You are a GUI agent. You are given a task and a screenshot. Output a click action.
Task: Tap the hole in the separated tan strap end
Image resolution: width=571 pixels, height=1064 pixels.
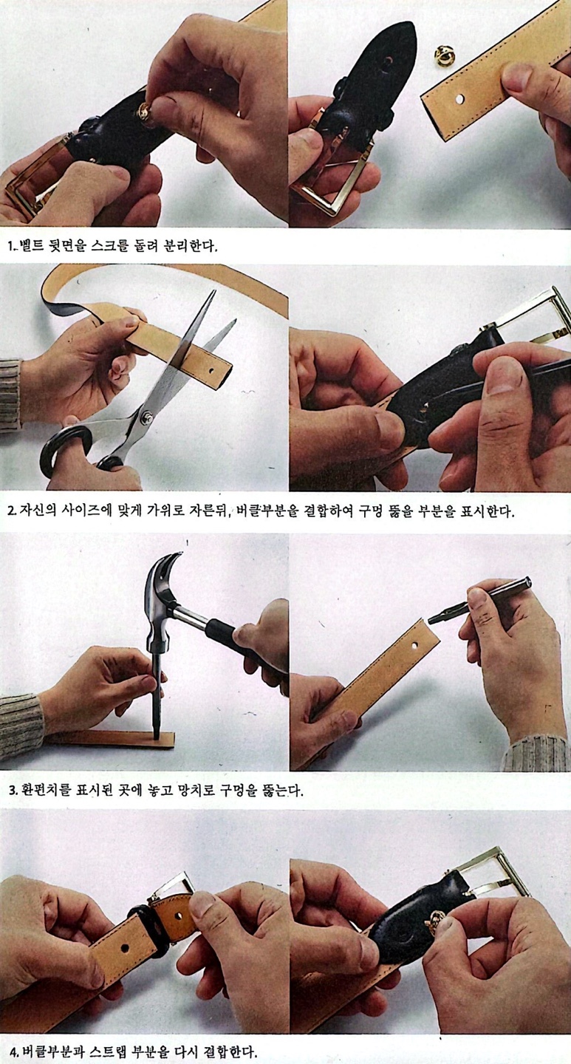point(460,99)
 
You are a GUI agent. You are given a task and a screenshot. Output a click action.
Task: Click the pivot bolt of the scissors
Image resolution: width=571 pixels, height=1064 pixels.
point(145,417)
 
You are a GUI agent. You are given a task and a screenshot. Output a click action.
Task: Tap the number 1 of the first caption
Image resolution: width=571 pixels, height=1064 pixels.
point(10,247)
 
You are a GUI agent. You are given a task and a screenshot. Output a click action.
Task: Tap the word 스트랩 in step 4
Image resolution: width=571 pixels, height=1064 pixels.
point(107,1050)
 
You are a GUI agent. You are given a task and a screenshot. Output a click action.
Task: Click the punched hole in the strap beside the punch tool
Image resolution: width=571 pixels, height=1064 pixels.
point(414,647)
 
